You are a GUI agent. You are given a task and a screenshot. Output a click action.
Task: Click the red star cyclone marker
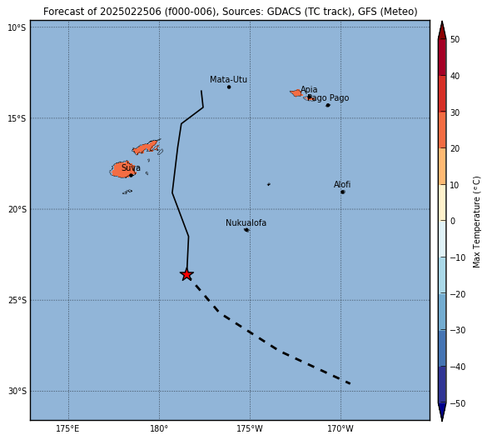pos(186,275)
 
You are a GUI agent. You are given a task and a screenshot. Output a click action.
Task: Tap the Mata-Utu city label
pos(228,79)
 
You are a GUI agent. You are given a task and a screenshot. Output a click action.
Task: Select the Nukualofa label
pos(246,222)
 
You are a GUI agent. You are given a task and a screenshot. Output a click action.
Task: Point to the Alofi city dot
pos(343,192)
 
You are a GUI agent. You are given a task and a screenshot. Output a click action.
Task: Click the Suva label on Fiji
pos(131,167)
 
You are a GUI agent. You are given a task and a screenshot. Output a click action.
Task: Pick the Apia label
pos(309,89)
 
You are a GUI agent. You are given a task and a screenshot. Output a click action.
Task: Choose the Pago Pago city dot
pos(328,105)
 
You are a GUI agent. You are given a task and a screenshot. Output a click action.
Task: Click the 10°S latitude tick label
pos(17,28)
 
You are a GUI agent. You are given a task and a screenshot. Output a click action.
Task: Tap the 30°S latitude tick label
pos(17,392)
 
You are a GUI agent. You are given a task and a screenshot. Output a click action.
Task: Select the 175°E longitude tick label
pos(67,428)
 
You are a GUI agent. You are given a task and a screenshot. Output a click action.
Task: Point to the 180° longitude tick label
pos(159,428)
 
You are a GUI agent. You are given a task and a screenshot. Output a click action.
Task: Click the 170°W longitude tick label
pos(340,428)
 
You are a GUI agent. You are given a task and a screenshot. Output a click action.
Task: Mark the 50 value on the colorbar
pos(455,39)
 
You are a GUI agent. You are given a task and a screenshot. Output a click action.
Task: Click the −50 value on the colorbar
pos(458,403)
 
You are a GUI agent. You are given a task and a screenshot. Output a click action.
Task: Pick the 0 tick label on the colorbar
pos(453,221)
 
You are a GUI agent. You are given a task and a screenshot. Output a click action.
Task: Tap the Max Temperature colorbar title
pos(476,222)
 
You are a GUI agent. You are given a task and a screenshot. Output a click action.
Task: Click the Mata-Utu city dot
pos(229,87)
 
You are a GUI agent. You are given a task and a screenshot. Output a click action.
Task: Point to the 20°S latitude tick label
pos(17,209)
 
